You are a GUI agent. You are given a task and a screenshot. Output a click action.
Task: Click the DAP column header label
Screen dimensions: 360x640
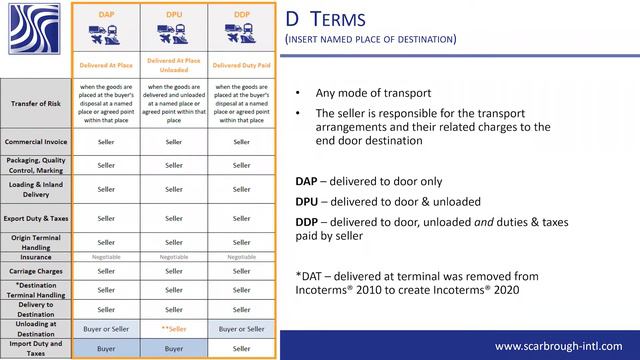coord(105,16)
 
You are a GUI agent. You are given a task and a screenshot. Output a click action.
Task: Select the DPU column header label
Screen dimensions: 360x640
coord(173,16)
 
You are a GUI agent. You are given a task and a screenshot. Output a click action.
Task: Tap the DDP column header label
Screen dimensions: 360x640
coord(242,16)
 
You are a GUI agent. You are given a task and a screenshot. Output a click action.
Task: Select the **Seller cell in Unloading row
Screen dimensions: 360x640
coord(173,328)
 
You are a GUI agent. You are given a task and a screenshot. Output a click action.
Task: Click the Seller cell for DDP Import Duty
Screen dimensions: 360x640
coord(242,348)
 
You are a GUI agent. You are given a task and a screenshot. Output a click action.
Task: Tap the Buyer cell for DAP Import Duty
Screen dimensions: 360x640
coord(105,348)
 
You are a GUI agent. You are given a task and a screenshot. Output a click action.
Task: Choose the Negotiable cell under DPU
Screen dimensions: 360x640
coord(173,256)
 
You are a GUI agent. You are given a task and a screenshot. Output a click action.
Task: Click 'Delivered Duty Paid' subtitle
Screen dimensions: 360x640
coord(242,65)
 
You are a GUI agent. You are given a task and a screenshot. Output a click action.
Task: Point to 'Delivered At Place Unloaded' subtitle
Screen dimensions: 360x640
coord(173,65)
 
